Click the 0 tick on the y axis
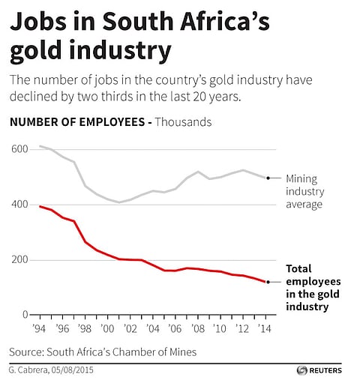24,316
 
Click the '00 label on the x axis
107,328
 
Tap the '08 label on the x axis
197,328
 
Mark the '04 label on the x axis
152,328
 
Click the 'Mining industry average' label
304,191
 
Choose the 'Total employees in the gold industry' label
310,287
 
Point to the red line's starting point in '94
40,206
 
